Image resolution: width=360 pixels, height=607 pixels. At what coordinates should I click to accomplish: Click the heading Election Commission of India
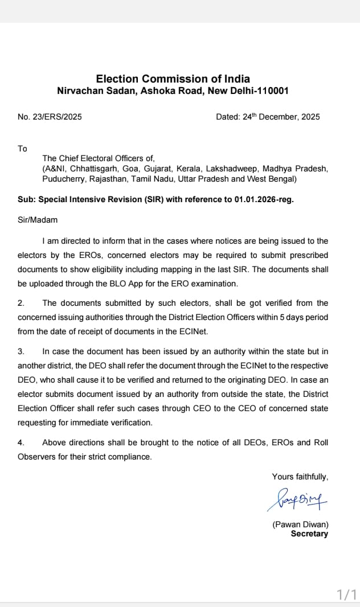[173, 79]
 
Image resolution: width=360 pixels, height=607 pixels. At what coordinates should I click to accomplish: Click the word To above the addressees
[22, 149]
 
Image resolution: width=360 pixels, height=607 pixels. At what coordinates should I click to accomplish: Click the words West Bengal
[276, 179]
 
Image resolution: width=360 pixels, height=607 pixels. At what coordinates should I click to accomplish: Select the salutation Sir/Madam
[38, 220]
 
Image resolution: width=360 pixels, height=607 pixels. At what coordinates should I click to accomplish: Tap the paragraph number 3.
[21, 352]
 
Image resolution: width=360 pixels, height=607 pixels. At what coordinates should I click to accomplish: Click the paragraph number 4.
[21, 442]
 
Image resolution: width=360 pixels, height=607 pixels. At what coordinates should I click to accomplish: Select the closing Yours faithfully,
[300, 477]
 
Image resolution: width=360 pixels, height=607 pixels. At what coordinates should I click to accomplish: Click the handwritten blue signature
[296, 500]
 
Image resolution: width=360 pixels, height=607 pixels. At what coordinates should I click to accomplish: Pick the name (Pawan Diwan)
[300, 524]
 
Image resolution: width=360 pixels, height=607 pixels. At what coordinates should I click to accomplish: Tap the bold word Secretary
[309, 534]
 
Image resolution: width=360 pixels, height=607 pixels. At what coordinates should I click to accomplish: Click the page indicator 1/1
[346, 595]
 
